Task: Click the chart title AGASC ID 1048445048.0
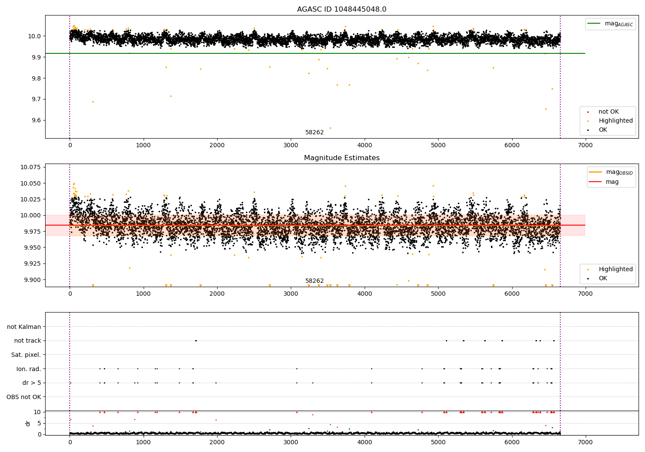(341, 9)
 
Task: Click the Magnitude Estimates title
(341, 158)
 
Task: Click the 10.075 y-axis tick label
(31, 167)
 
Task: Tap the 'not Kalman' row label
(24, 327)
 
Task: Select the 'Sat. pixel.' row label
(26, 355)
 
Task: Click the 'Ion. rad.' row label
(28, 369)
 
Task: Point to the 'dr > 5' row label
(31, 383)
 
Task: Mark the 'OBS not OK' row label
(24, 397)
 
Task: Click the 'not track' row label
(28, 341)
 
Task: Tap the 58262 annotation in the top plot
(314, 133)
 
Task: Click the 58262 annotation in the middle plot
(314, 281)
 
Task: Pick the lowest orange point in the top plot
(330, 128)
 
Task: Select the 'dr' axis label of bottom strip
(28, 423)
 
